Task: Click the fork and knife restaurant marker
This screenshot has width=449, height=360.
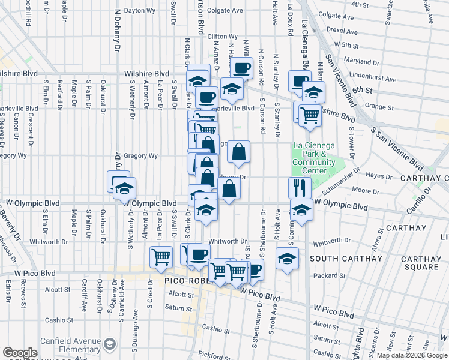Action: pyautogui.click(x=298, y=188)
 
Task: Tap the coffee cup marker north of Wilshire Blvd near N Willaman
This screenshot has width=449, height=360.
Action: pyautogui.click(x=242, y=69)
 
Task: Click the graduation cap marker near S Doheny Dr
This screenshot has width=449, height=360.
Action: pyautogui.click(x=124, y=189)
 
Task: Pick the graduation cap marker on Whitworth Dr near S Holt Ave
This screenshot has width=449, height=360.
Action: pyautogui.click(x=288, y=259)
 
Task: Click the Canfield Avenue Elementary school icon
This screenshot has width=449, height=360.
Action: pyautogui.click(x=110, y=344)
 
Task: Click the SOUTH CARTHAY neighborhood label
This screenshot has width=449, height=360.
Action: pyautogui.click(x=346, y=259)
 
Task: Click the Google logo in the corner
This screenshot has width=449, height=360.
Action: pyautogui.click(x=20, y=353)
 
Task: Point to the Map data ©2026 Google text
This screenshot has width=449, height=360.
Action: pyautogui.click(x=411, y=355)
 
